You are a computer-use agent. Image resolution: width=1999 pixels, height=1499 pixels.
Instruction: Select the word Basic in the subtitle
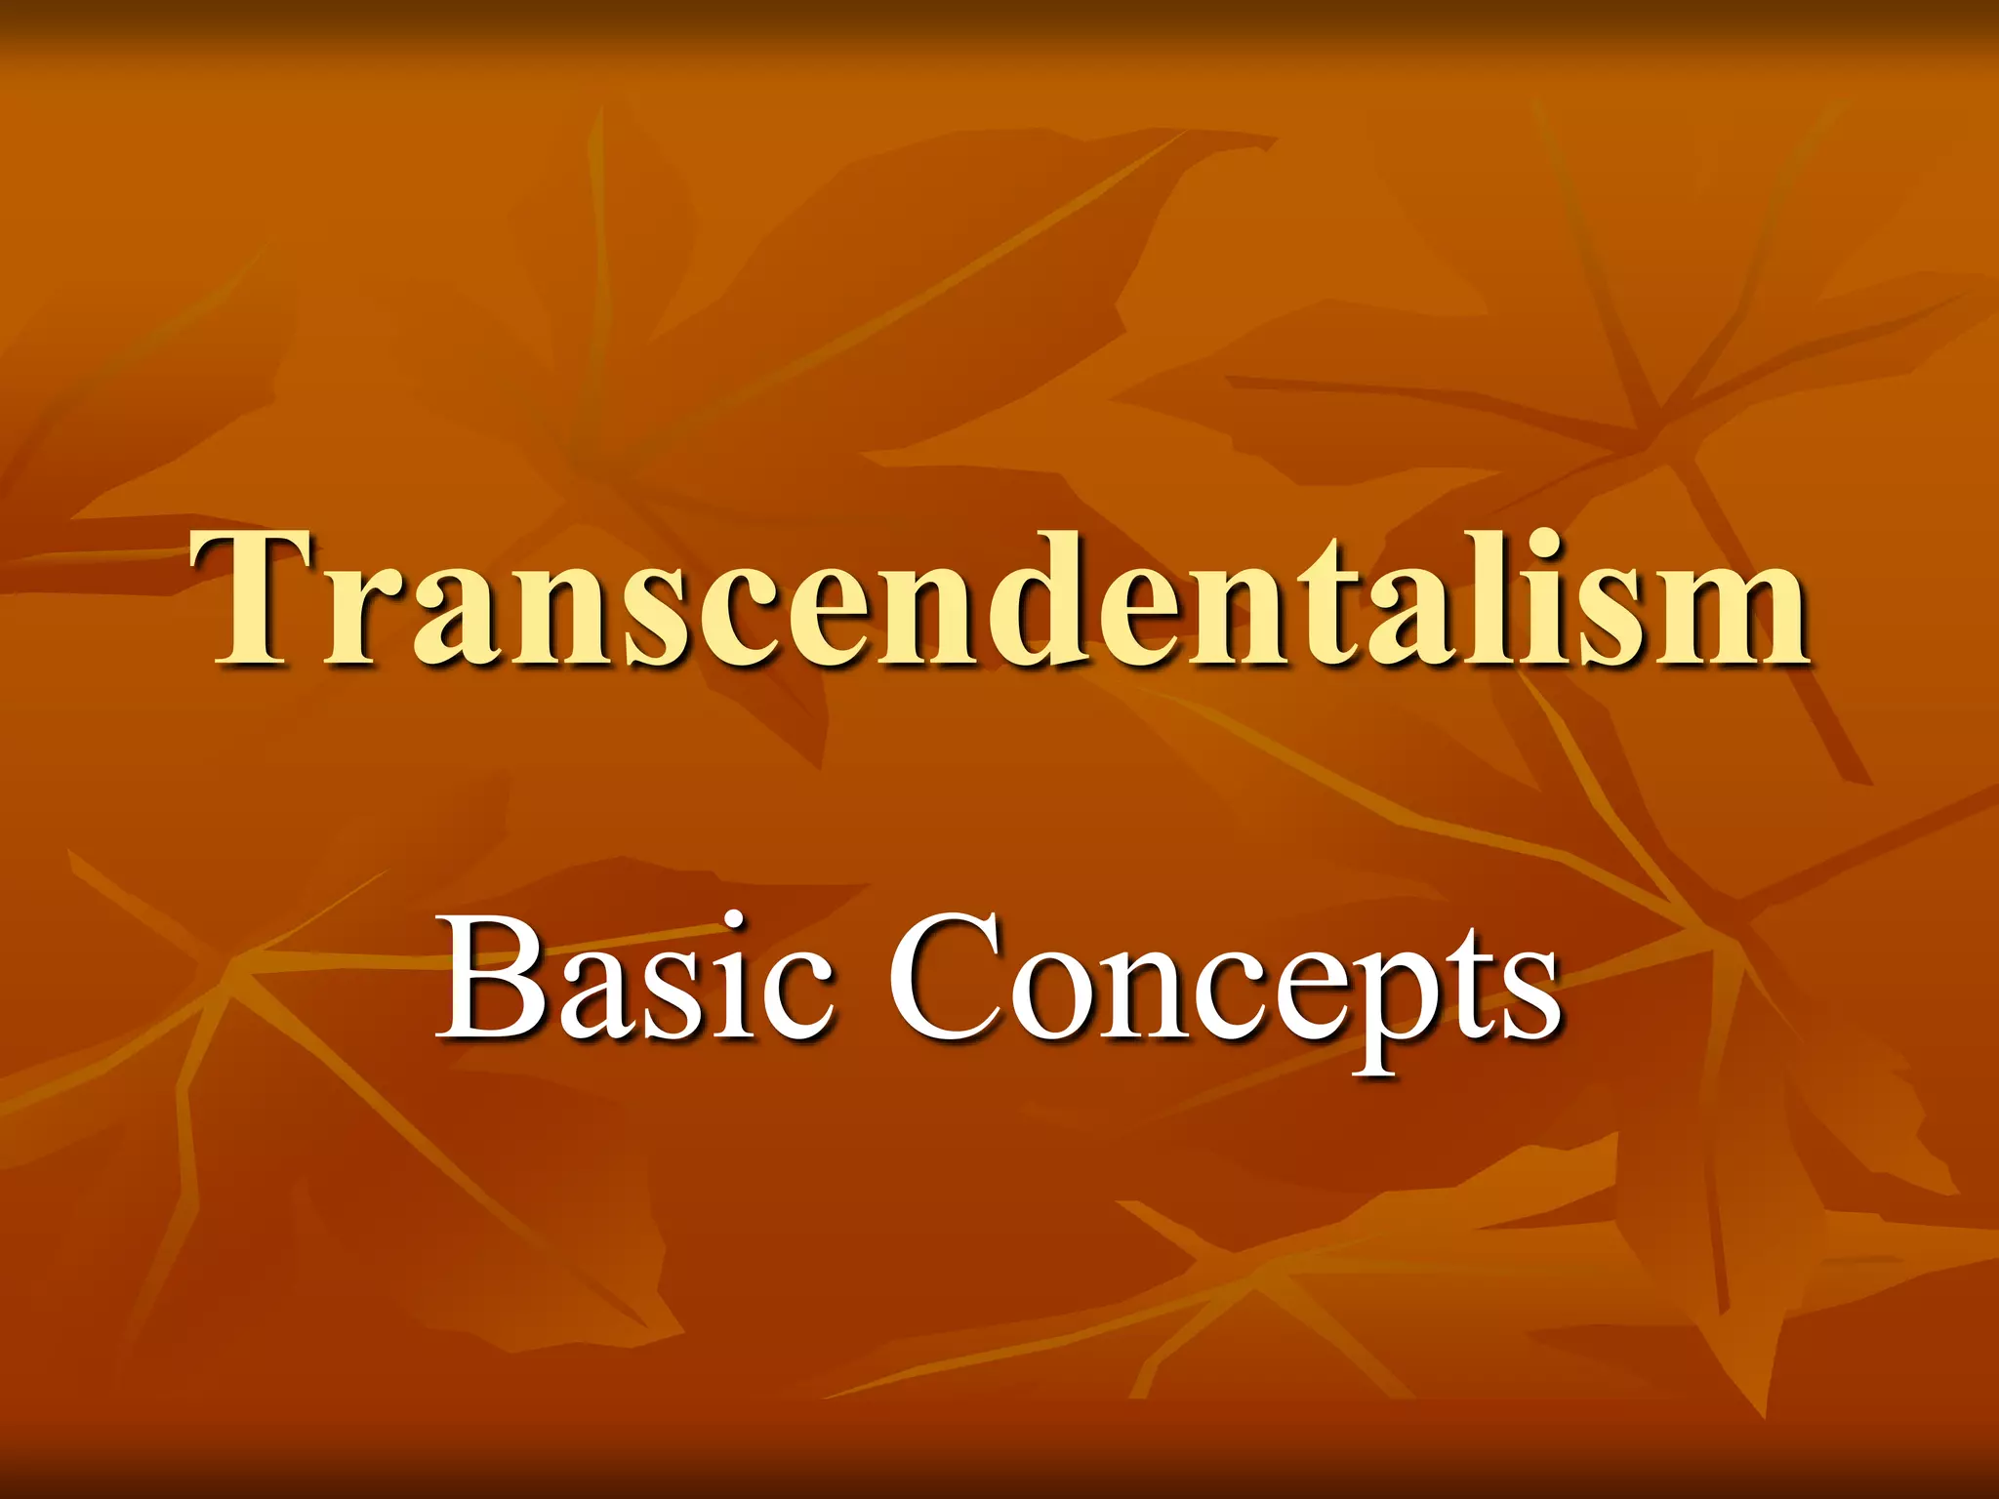pos(634,976)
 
